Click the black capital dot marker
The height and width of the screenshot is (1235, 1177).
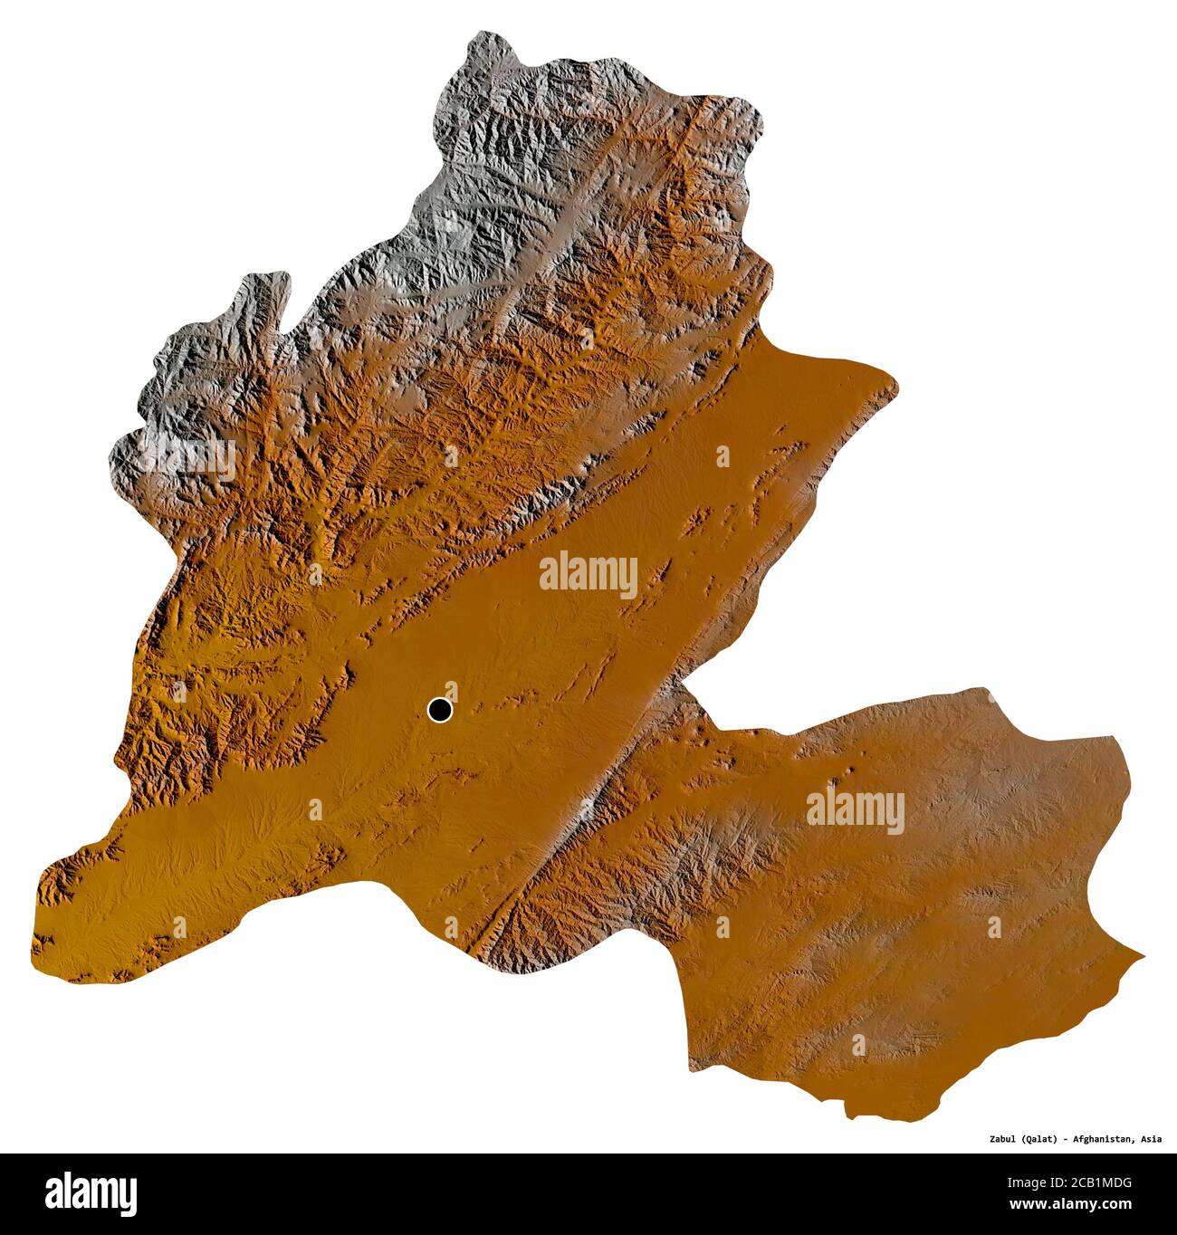pos(439,710)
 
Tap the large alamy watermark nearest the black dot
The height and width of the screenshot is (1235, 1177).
pos(588,574)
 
